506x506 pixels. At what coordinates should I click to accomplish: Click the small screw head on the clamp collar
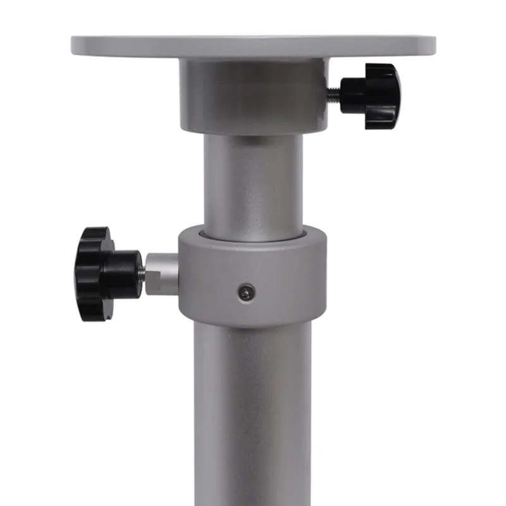coord(247,292)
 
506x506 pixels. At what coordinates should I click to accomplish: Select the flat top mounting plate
coord(253,46)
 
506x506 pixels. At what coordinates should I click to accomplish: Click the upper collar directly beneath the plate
coord(253,95)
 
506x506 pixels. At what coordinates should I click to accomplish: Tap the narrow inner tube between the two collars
coord(253,183)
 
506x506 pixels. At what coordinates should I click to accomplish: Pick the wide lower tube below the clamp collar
coord(253,411)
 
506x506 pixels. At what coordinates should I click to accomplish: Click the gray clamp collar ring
coord(253,278)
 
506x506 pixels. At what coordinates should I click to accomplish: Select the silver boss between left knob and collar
coord(162,274)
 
